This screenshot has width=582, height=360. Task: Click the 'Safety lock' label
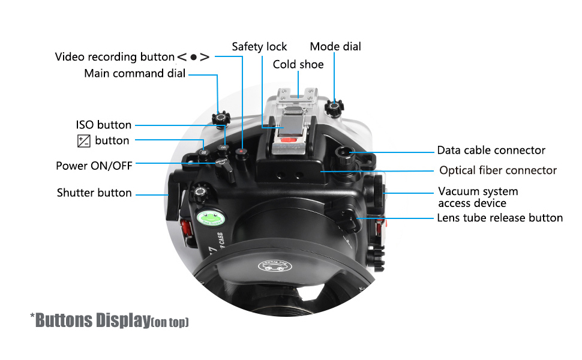coord(259,47)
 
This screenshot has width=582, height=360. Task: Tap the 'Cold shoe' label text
coord(298,64)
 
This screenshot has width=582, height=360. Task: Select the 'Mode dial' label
coord(335,47)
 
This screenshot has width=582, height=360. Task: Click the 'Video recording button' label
coord(115,57)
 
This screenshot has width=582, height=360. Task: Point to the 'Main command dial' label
coord(135,74)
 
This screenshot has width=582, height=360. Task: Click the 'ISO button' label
coord(103,125)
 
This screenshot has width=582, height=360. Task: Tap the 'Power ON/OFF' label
coord(94,166)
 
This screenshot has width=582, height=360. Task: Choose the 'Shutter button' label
coord(94,193)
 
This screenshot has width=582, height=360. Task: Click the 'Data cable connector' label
coord(491,151)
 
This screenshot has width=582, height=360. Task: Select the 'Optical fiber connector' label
coord(498,170)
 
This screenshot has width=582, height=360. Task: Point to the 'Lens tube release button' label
coord(500,218)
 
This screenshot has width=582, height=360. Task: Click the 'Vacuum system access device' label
coord(478,197)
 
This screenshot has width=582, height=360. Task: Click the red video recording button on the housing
coord(241,152)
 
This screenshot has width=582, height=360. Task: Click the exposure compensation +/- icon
coord(84,141)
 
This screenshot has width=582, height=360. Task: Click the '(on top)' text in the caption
coord(170,322)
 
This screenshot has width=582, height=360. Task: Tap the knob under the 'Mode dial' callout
coord(334,107)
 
